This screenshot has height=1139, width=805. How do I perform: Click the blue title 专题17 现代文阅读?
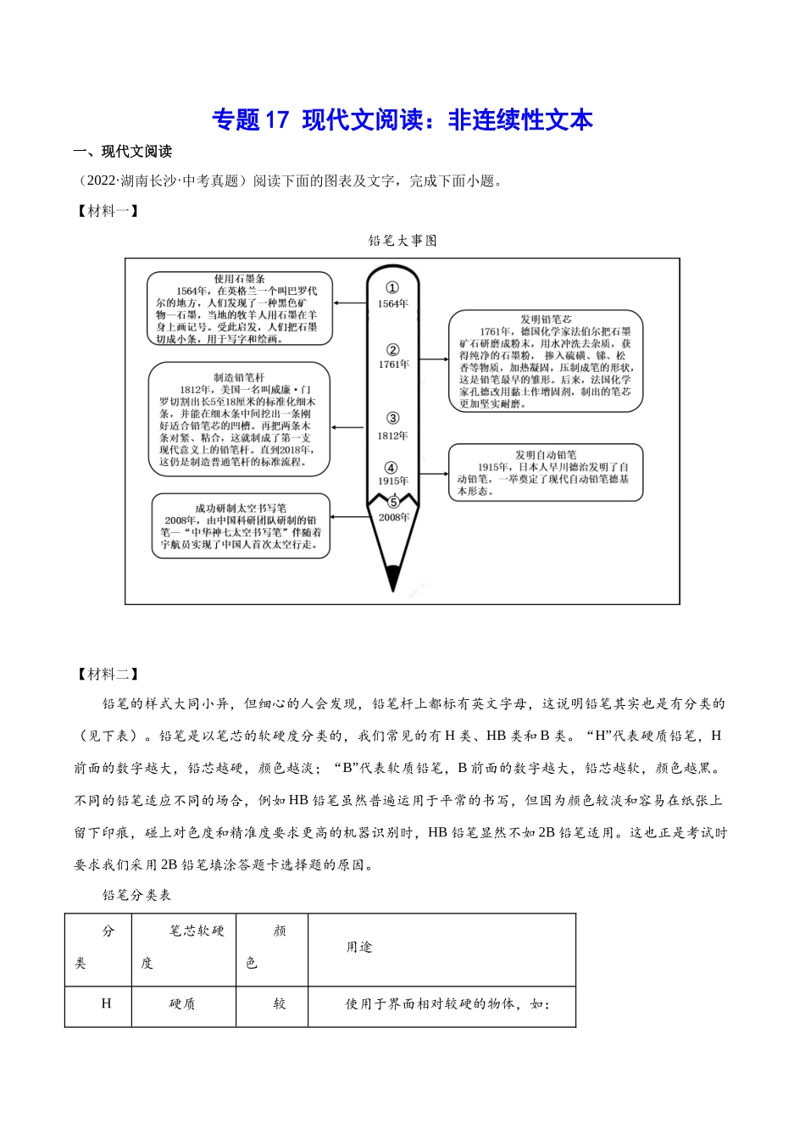click(402, 120)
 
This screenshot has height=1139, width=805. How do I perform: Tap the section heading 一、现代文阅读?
click(122, 152)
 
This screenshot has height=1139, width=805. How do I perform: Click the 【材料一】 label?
click(107, 211)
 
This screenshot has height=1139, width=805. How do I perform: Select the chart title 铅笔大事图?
click(402, 241)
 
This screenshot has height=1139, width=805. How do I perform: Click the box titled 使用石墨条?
click(239, 308)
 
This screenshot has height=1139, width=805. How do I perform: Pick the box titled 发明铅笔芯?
click(545, 361)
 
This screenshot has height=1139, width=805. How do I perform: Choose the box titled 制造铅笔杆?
click(238, 419)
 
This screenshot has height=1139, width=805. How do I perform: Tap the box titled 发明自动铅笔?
click(545, 472)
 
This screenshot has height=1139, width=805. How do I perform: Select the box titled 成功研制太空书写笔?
click(241, 526)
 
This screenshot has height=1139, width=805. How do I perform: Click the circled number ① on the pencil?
click(392, 288)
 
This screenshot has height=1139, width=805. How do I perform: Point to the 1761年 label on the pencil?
click(393, 364)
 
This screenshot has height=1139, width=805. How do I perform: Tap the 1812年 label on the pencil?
click(392, 436)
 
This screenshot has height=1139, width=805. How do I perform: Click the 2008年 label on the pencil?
click(393, 517)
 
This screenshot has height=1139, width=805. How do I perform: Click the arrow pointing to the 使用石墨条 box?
click(349, 303)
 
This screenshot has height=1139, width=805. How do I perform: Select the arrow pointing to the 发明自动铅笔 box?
click(434, 475)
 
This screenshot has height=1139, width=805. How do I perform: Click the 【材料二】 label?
click(107, 674)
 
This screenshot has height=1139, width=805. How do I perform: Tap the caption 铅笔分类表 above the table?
click(136, 895)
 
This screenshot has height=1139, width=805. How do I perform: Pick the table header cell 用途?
click(359, 947)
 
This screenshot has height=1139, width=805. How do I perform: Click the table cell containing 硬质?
click(182, 1004)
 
